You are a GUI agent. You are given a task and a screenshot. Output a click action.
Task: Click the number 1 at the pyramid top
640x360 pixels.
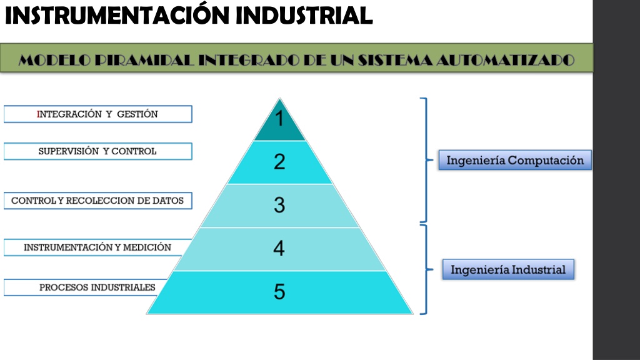pos(279,119)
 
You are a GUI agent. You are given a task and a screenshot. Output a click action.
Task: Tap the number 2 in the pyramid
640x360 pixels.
pos(279,162)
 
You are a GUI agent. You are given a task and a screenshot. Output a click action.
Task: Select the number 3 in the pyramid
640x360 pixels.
pos(279,205)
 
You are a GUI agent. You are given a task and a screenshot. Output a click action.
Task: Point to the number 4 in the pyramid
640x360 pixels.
pos(279,248)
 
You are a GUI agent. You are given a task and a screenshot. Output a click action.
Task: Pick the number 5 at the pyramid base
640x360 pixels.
pos(279,291)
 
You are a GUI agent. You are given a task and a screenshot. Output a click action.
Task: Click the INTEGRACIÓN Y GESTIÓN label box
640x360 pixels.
pos(98,114)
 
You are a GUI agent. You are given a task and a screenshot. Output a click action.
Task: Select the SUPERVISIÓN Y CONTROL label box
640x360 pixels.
pos(98,151)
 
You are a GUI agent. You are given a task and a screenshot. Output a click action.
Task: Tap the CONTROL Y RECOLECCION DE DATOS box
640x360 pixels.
pos(98,201)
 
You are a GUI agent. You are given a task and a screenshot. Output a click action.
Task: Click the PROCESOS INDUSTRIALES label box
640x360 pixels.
pos(86,287)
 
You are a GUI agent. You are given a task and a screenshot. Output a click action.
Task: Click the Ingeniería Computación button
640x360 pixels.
pos(515,160)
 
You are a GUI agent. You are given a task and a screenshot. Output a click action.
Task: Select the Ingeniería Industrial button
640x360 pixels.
pos(508,269)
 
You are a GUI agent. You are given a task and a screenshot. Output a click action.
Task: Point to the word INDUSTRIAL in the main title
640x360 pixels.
pos(304,16)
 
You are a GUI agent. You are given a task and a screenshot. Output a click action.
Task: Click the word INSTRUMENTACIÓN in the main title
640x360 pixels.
pos(117,15)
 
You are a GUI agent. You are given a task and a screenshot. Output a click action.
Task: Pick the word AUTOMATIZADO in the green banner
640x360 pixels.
pos(505,60)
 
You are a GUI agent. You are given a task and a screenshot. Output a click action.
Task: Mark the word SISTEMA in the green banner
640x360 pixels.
pos(395,60)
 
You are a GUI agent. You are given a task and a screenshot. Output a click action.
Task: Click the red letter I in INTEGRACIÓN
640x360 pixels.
pos(39,114)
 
